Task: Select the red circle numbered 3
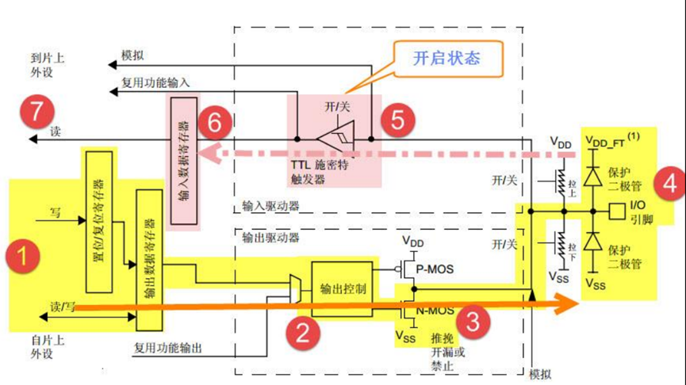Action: coord(473,322)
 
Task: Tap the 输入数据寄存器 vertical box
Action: coord(182,164)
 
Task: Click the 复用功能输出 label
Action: coord(169,348)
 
